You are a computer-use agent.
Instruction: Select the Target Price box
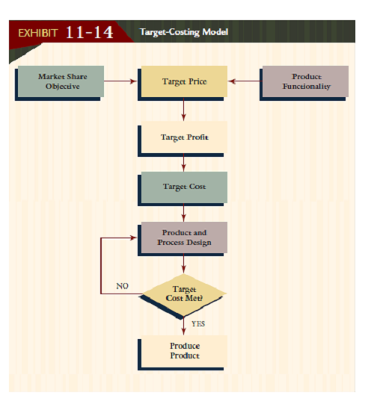(x=183, y=81)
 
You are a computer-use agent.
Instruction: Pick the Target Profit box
(x=183, y=137)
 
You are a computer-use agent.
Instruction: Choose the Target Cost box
(x=183, y=187)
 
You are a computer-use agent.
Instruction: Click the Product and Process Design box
(x=183, y=237)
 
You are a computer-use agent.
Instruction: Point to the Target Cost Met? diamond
(x=183, y=294)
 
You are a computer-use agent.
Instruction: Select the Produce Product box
(x=183, y=351)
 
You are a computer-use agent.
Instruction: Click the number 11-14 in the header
(x=89, y=33)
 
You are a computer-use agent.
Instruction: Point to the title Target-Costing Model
(x=184, y=32)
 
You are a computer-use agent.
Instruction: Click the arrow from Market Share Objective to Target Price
(x=120, y=81)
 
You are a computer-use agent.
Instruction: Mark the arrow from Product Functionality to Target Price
(x=244, y=81)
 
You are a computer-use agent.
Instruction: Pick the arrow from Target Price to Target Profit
(x=183, y=109)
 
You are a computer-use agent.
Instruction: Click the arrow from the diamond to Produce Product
(x=183, y=327)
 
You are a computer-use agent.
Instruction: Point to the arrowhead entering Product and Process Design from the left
(x=135, y=237)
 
